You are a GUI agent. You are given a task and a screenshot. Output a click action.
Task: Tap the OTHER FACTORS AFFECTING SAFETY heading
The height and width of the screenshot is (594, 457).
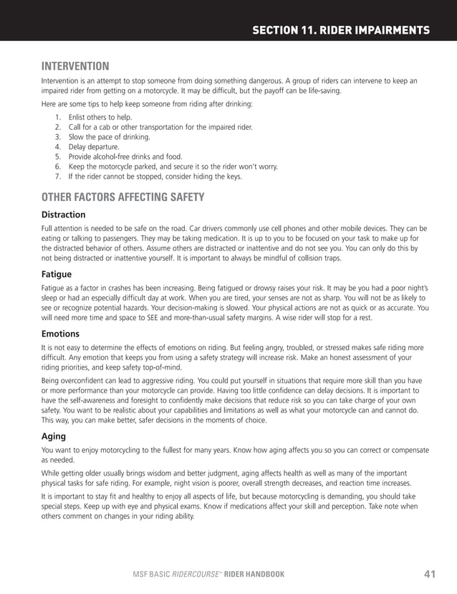click(x=123, y=197)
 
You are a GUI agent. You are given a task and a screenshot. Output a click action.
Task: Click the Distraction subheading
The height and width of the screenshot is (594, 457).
click(x=63, y=214)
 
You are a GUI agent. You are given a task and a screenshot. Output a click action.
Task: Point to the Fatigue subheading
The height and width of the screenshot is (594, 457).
click(x=57, y=273)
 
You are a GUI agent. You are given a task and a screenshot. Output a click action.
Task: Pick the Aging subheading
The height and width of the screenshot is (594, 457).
click(x=54, y=435)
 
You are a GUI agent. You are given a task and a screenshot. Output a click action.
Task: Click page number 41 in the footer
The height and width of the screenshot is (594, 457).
click(x=430, y=573)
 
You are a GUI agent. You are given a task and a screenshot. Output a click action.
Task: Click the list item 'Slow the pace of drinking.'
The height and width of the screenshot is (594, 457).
click(x=110, y=136)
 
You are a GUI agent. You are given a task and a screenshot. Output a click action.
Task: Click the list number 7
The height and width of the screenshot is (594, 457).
click(x=57, y=176)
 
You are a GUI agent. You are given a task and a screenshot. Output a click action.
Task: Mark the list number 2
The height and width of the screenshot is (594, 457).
click(x=57, y=126)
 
